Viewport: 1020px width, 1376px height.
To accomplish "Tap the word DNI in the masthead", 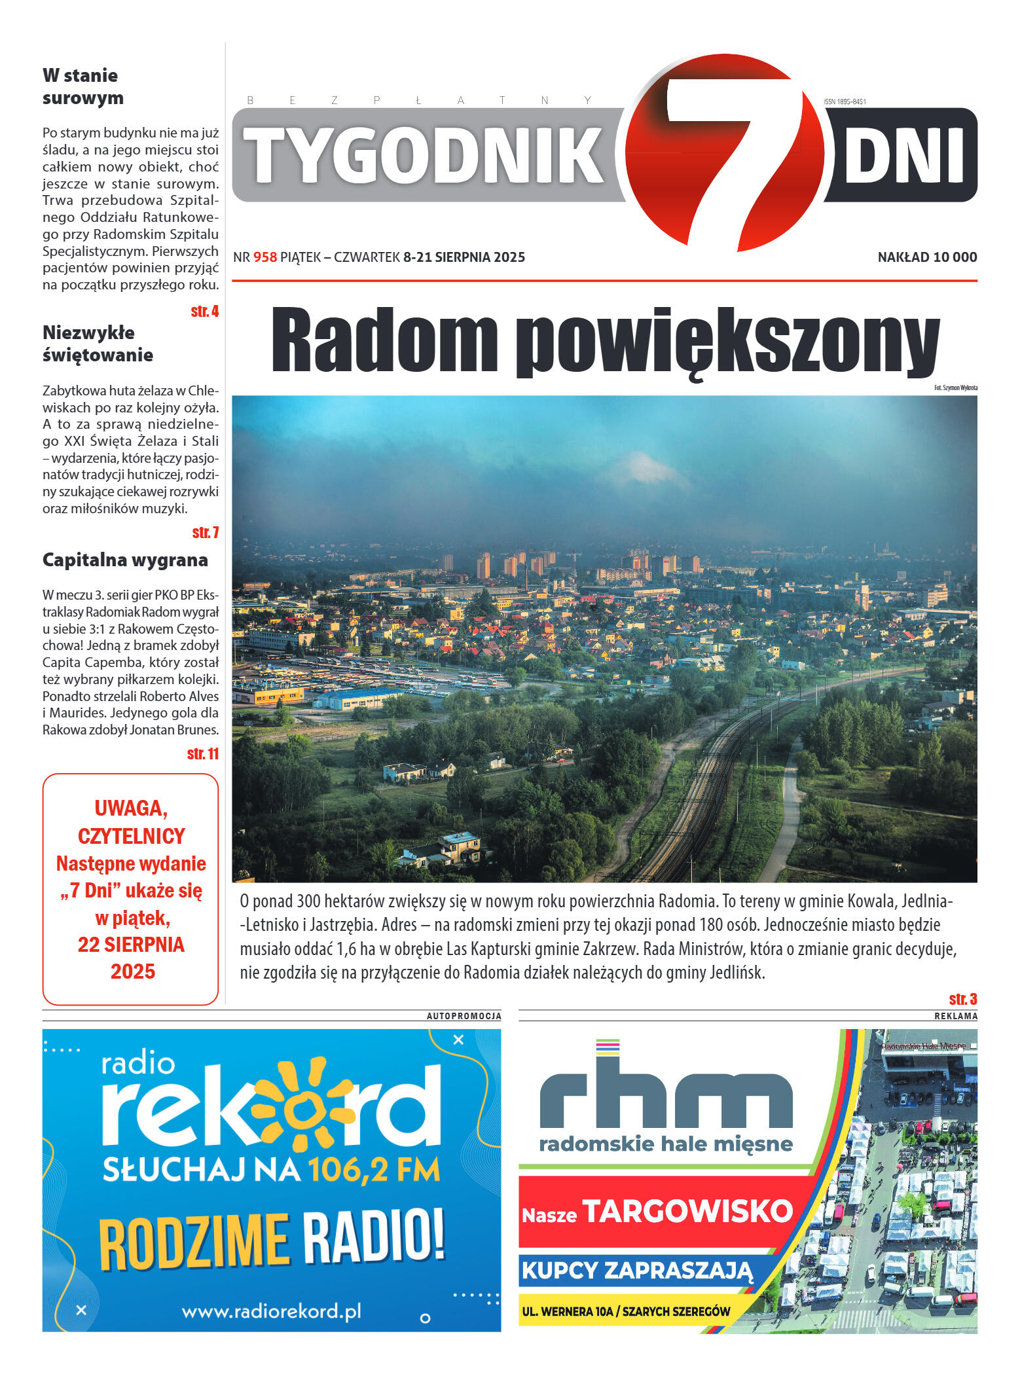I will [x=903, y=155].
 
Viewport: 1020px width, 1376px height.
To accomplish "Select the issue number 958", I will [x=265, y=257].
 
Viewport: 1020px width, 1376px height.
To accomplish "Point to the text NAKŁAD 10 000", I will [x=927, y=257].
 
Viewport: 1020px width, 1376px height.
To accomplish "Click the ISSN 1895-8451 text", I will [x=845, y=101].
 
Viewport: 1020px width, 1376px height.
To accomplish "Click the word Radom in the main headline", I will [x=385, y=340].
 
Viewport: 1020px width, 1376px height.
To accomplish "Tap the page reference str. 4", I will [x=204, y=312].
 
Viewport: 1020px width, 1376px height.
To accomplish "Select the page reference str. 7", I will [x=205, y=533].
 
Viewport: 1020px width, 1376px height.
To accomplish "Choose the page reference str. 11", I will [x=202, y=754].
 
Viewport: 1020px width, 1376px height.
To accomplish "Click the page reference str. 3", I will [x=962, y=999].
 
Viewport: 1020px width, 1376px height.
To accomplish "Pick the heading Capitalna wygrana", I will [x=125, y=560].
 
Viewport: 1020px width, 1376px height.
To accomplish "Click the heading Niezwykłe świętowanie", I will [x=98, y=344].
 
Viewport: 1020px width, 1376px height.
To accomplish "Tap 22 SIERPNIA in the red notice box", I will [x=131, y=945].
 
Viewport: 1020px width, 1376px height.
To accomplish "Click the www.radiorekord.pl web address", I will [x=271, y=1311].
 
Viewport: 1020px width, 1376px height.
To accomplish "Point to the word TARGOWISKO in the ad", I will [x=687, y=1211].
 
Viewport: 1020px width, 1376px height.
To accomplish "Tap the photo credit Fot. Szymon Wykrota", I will [x=955, y=388].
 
